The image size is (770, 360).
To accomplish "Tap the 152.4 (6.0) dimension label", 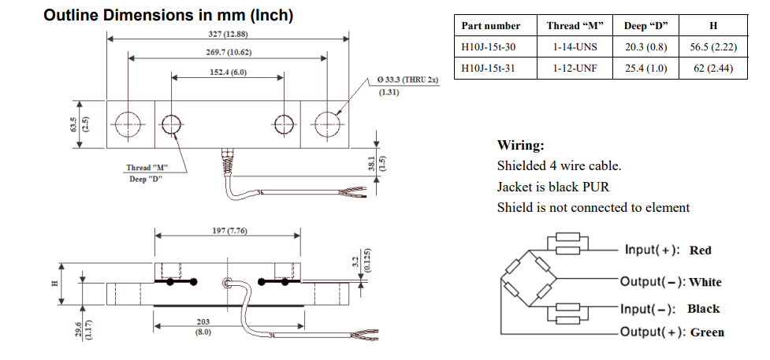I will click(227, 72).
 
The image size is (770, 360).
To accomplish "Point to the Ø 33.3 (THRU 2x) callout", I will click(407, 80).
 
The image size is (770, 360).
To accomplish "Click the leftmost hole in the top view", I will click(126, 124).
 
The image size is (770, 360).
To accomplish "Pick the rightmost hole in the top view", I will click(327, 124).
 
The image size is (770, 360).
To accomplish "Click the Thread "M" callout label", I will click(148, 167).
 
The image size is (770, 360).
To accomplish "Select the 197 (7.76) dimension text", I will click(227, 230).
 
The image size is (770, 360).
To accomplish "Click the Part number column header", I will click(491, 26).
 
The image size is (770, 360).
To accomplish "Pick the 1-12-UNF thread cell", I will click(575, 68).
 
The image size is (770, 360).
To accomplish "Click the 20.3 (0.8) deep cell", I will click(645, 47).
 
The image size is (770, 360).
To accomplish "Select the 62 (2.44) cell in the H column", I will click(713, 68).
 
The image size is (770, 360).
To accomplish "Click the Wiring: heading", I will click(521, 146).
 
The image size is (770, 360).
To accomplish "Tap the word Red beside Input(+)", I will click(700, 251).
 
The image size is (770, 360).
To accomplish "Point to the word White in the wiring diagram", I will click(705, 282).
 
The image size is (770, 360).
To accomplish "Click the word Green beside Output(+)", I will click(707, 332).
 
